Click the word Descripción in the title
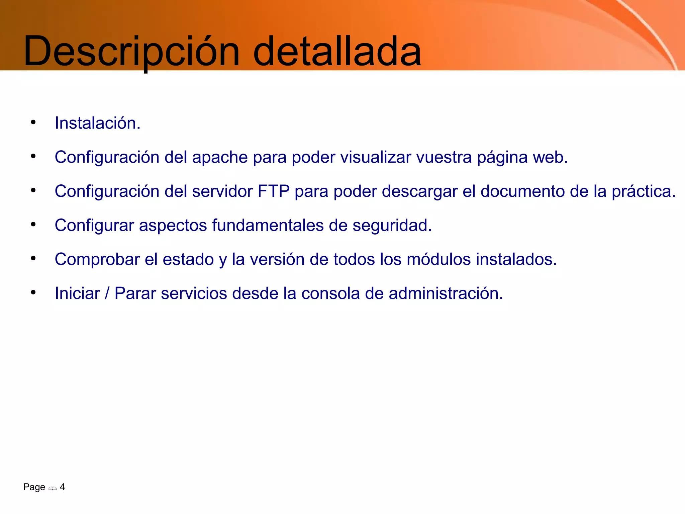point(131,52)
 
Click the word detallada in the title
point(337,52)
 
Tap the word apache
point(220,157)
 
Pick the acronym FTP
point(274,191)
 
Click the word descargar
point(419,192)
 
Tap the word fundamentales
point(268,225)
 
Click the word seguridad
point(392,226)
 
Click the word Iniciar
point(77,293)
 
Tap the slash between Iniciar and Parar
point(107,293)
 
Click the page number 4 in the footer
point(62,487)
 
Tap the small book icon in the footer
point(53,489)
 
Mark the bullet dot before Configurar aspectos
point(33,225)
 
